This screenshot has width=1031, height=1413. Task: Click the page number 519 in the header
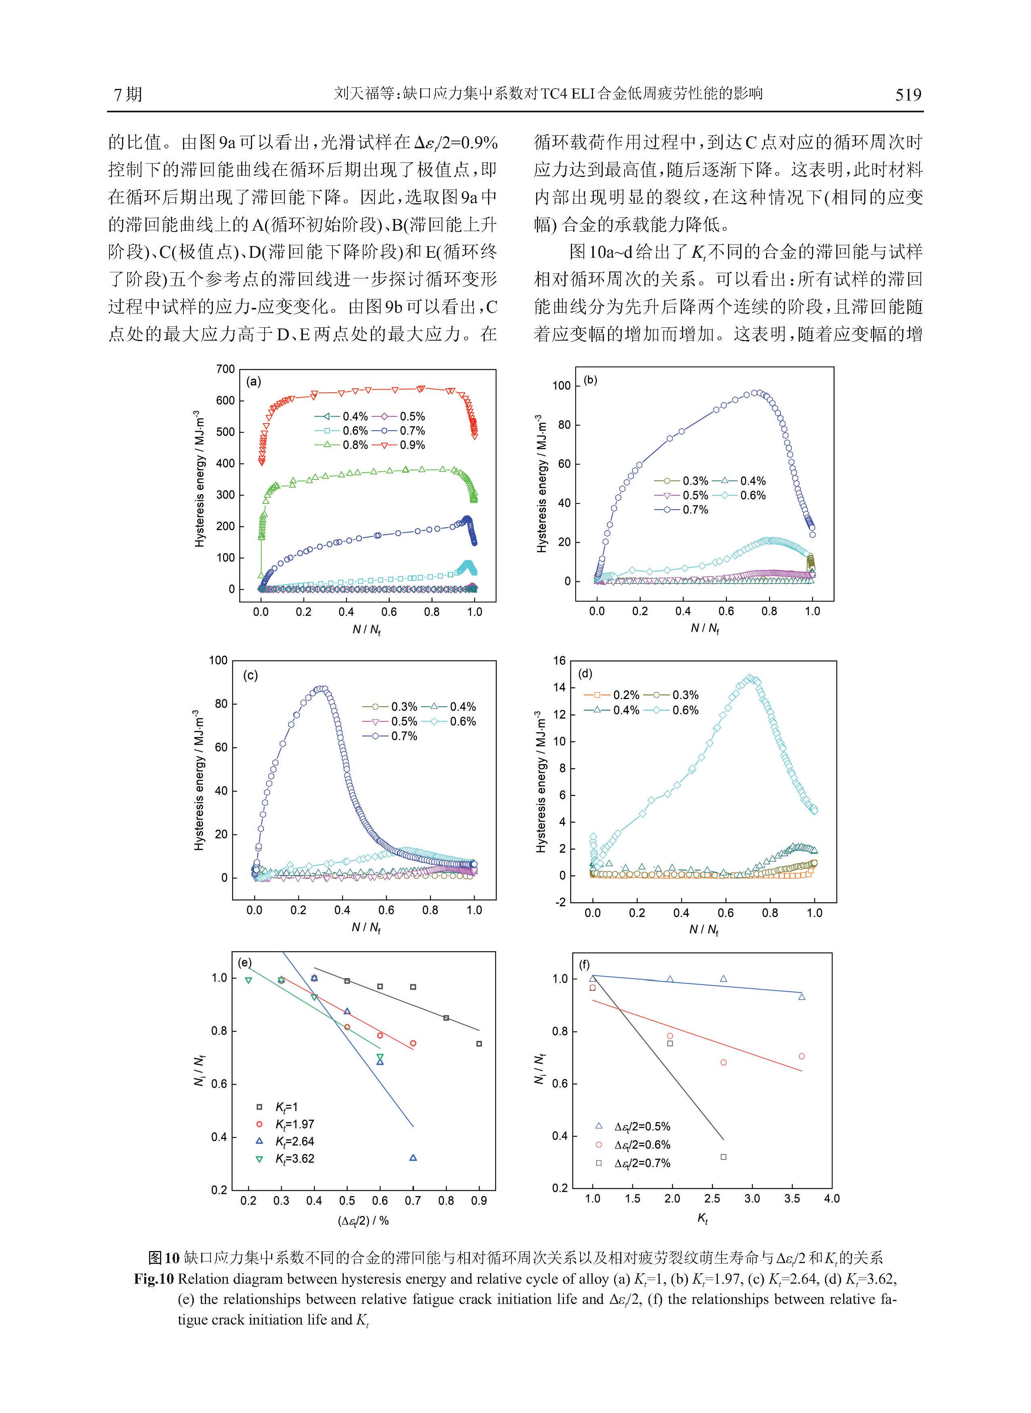908,95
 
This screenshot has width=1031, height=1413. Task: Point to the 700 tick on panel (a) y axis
225,369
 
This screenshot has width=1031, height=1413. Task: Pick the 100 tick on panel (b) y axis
562,386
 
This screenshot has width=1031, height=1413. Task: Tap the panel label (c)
250,675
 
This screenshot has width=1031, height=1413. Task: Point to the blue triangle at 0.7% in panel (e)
412,1158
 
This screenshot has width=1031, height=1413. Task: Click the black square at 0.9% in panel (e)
479,1044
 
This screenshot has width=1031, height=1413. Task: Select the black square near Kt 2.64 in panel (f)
723,1156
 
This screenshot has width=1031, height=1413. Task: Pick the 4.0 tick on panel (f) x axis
832,1198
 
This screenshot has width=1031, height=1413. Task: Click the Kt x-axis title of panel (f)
702,1218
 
